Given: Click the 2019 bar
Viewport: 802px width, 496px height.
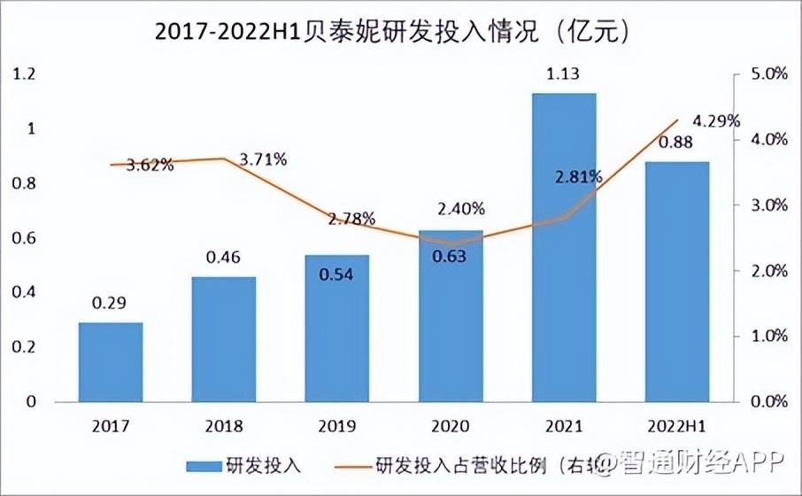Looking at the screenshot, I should click(337, 328).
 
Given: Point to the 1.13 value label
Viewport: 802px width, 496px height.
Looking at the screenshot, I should click(564, 74).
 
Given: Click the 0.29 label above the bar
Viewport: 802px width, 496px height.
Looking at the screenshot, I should click(111, 304).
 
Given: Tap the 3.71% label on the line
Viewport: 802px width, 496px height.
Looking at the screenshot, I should click(262, 159).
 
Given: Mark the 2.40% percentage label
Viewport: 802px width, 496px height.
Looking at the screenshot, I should click(460, 209).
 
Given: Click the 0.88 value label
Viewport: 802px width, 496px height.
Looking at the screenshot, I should click(677, 143).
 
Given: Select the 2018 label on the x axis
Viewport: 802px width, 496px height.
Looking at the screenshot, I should click(224, 426).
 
